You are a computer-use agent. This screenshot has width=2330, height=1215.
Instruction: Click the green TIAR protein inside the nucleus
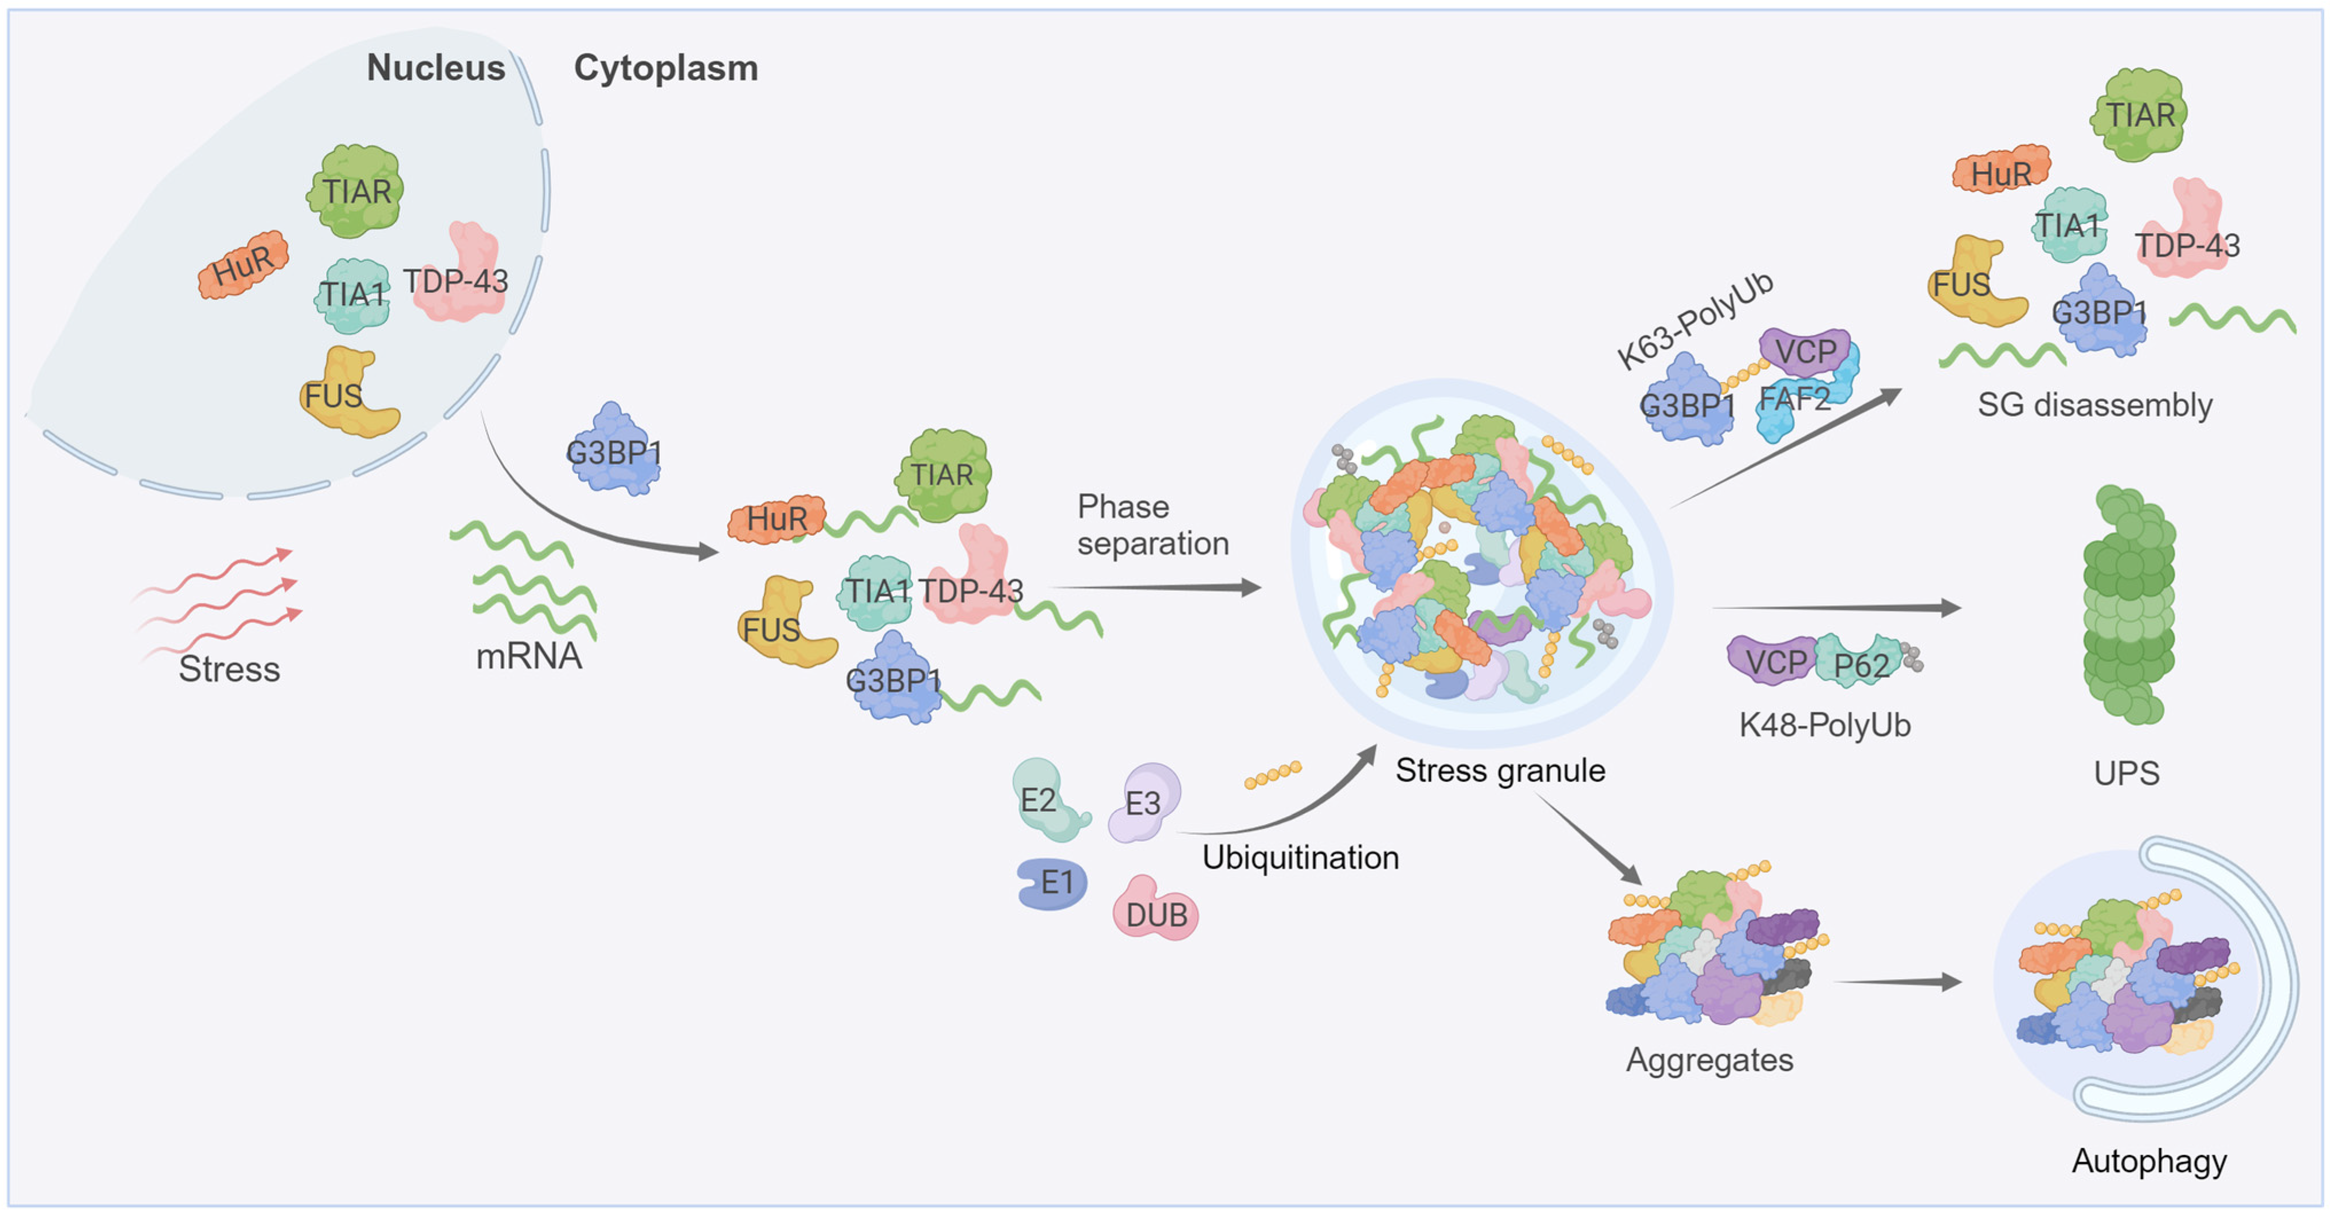click(x=355, y=191)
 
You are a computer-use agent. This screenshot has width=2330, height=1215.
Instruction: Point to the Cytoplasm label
click(x=666, y=68)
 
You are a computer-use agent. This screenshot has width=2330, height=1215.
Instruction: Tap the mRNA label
click(x=529, y=656)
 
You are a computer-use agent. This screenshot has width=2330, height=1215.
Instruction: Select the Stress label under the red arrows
click(x=229, y=669)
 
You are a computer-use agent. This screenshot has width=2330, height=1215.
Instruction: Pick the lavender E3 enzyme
click(x=1144, y=802)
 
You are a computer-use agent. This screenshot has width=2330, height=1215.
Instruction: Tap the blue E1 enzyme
click(x=1052, y=882)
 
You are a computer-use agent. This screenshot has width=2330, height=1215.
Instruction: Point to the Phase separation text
click(x=1151, y=526)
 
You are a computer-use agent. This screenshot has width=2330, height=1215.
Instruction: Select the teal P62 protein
click(x=1860, y=663)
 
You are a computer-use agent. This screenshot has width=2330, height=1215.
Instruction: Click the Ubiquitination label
click(x=1300, y=857)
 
